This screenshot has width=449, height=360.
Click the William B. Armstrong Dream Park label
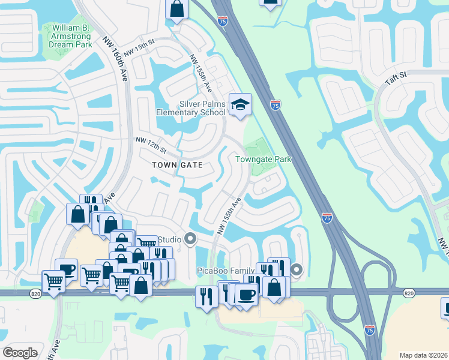coord(71,36)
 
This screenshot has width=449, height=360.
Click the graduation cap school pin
coord(240,104)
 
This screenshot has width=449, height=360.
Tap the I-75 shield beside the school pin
coord(276,105)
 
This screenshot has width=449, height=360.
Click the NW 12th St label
coord(150,144)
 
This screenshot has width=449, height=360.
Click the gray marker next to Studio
coord(191,240)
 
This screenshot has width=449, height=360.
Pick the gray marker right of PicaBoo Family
coord(297,271)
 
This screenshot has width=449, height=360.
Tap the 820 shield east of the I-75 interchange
coord(409,293)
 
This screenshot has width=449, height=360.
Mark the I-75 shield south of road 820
coord(370,329)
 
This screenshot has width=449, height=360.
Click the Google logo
coord(20,352)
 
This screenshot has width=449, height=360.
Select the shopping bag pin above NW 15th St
coord(176,10)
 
